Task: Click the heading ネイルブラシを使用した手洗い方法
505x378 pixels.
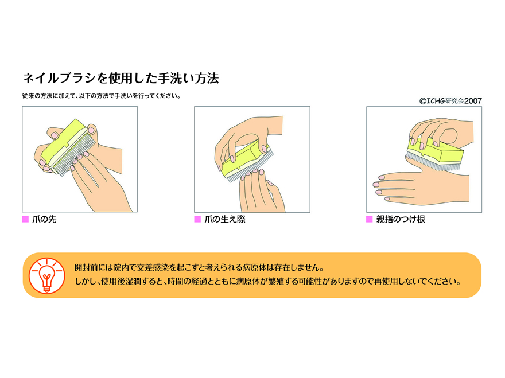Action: (x=121, y=78)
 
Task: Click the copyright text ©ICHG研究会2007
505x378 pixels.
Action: (x=450, y=101)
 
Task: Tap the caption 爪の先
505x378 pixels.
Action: (x=44, y=219)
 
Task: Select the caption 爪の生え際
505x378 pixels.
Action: (x=225, y=219)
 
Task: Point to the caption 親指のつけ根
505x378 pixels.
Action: (x=401, y=219)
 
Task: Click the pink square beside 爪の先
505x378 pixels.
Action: (x=25, y=219)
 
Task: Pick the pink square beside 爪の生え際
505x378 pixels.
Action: (x=197, y=219)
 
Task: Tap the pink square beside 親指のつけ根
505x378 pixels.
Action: (x=370, y=219)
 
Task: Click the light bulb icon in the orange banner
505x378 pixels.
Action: (x=46, y=275)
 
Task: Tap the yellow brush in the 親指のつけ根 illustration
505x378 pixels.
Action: (x=435, y=153)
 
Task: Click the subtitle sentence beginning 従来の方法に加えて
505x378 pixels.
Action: (x=102, y=96)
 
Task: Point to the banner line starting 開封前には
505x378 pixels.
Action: (x=199, y=267)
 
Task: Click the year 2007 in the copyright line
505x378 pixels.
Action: (x=473, y=101)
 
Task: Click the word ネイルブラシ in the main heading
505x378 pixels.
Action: (x=59, y=78)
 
